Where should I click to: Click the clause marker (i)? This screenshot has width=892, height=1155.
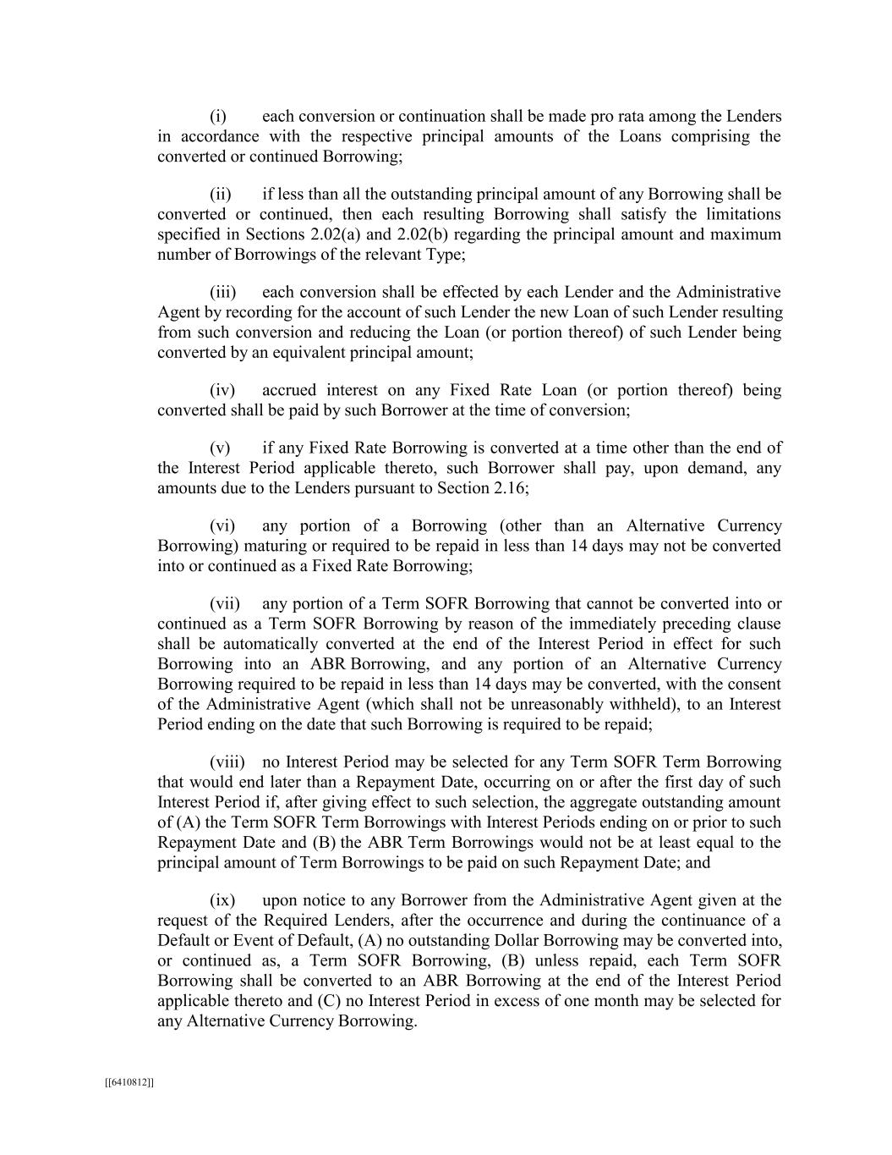click(x=218, y=117)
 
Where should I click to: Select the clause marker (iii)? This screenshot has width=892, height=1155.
click(x=222, y=293)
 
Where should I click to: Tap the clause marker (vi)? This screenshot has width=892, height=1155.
click(x=222, y=526)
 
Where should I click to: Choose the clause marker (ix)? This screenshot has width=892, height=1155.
click(x=222, y=900)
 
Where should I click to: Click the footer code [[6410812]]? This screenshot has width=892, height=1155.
click(x=129, y=1082)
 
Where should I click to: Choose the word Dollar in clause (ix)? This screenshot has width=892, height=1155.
click(x=538, y=941)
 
